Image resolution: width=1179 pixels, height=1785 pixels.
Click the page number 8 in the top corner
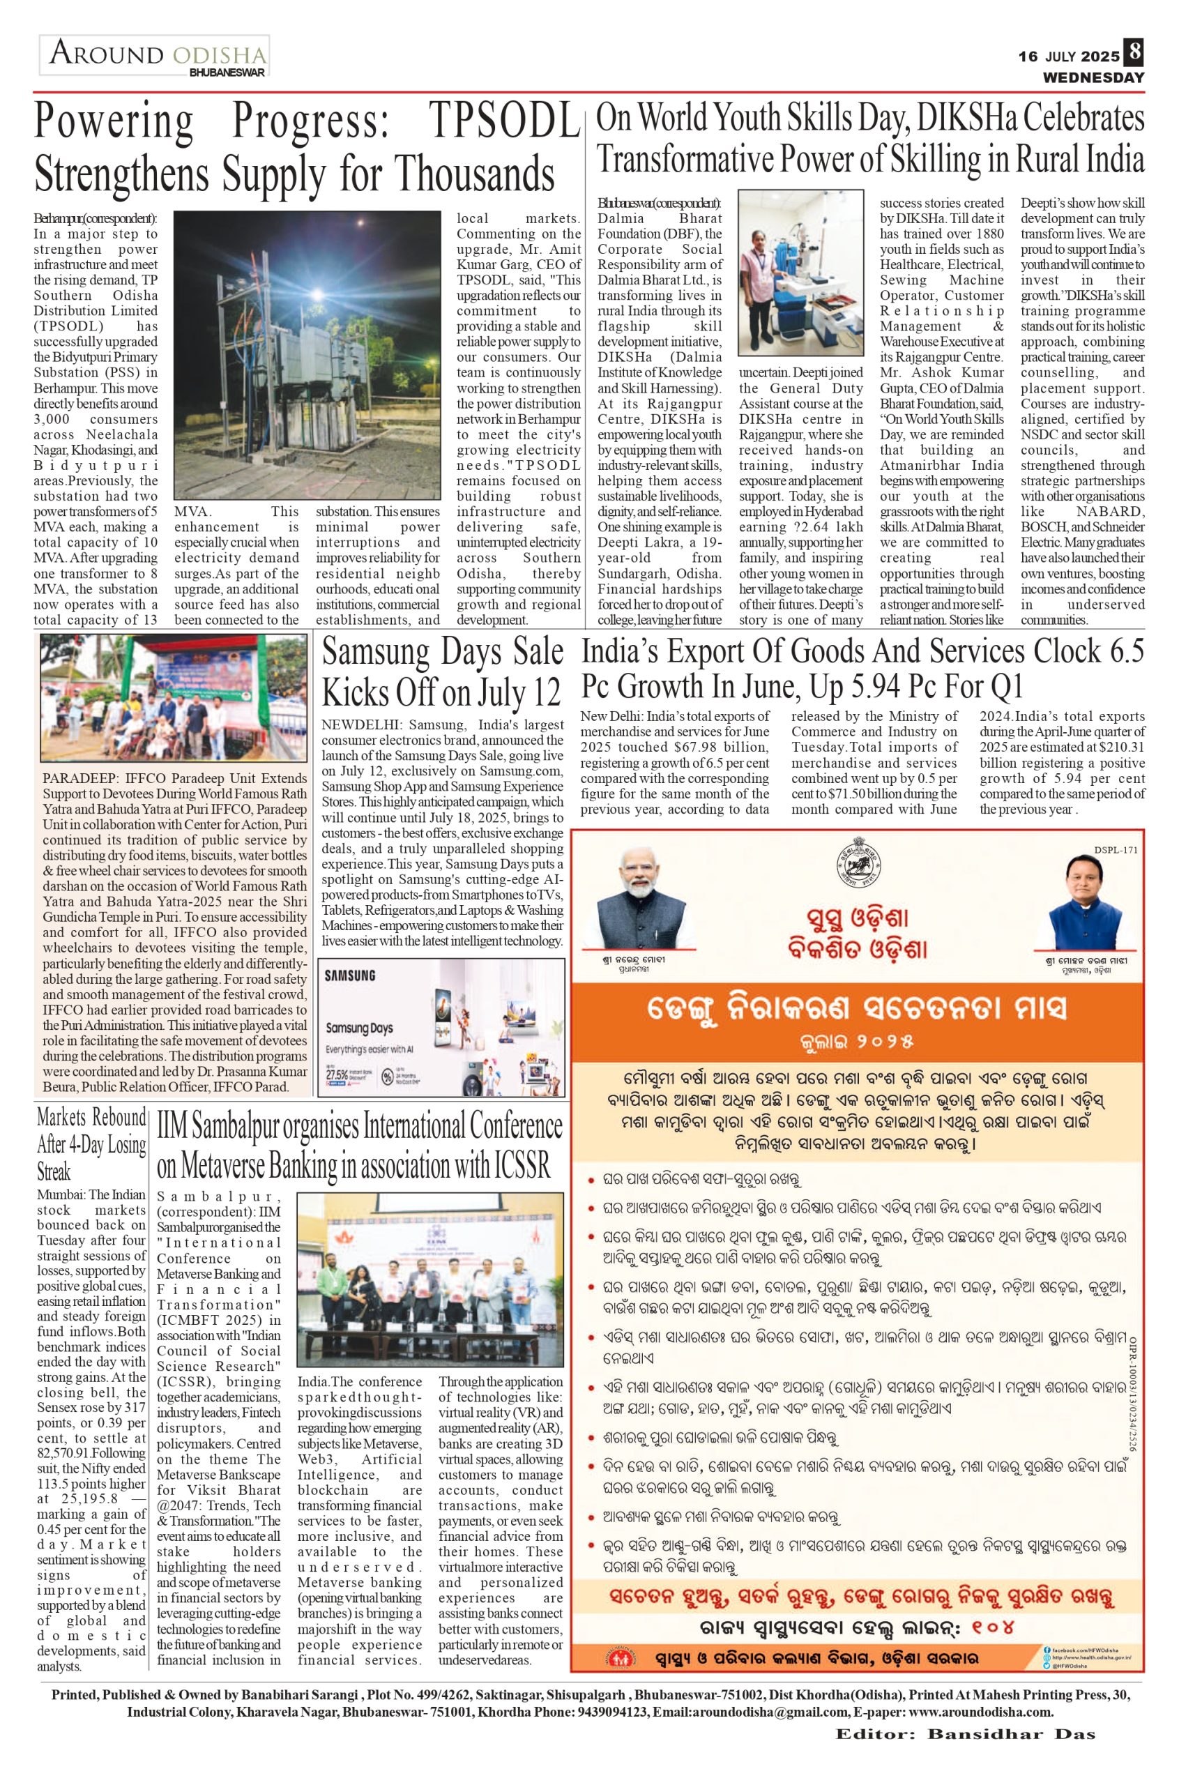pos(1134,54)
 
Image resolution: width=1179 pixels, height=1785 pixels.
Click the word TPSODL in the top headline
pos(505,119)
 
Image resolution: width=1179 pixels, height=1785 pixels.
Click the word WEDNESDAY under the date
pos(1093,77)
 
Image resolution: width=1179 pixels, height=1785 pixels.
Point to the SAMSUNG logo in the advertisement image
pos(349,975)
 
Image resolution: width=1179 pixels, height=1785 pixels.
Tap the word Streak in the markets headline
pos(54,1171)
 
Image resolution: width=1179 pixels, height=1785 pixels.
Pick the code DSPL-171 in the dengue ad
pos(1116,851)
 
